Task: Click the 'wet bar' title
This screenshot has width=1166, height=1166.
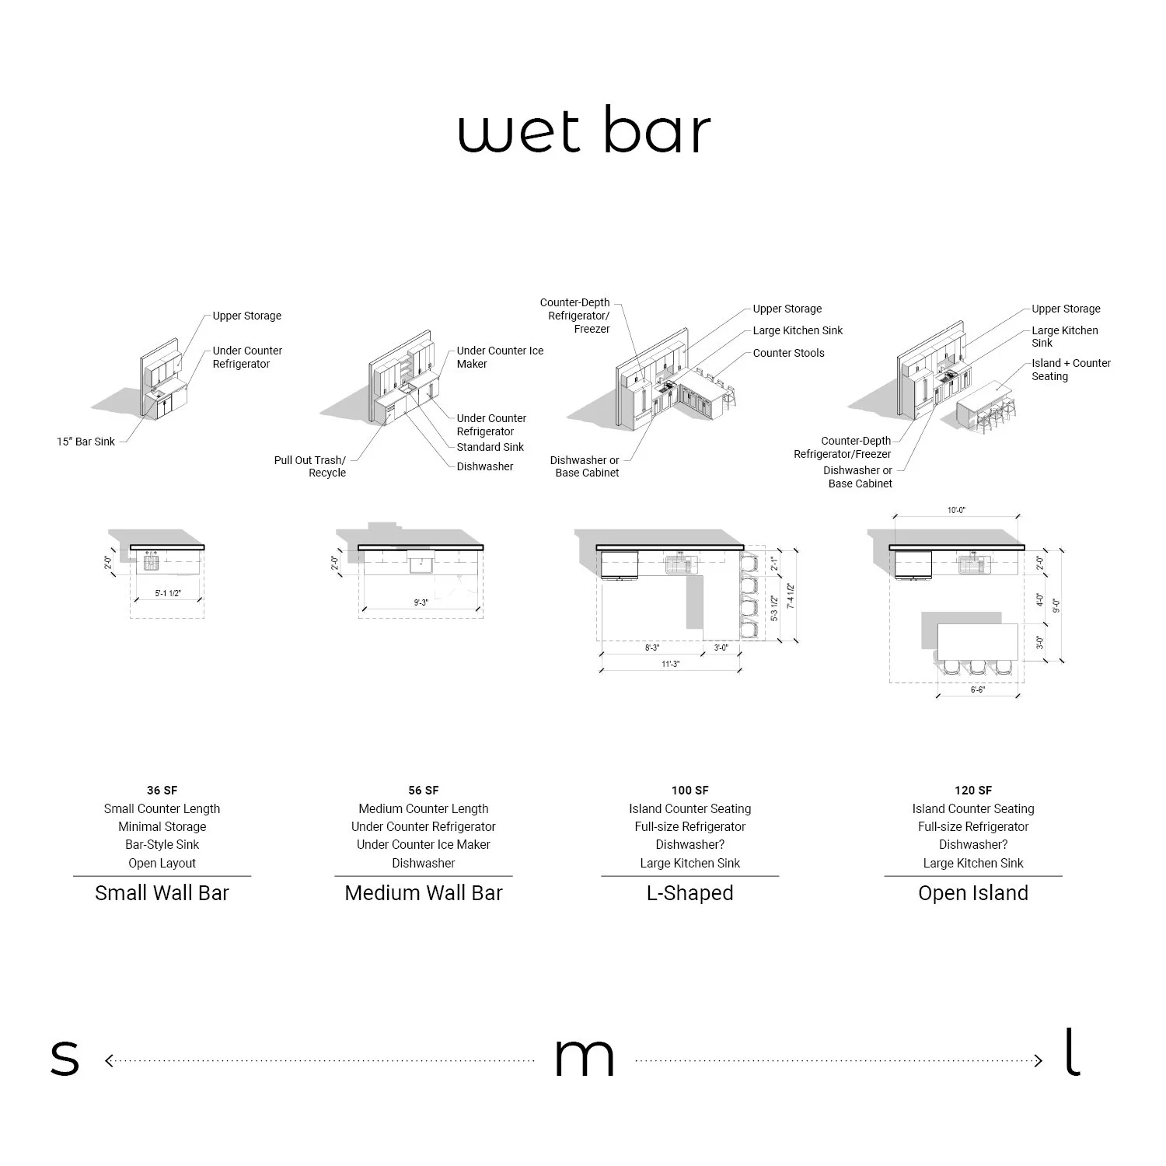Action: pyautogui.click(x=584, y=131)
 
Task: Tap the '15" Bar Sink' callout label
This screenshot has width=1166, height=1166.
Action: pyautogui.click(x=86, y=442)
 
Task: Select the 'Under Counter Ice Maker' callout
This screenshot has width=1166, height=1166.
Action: pyautogui.click(x=500, y=357)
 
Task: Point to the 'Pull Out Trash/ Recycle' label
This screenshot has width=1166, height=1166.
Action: pyautogui.click(x=311, y=466)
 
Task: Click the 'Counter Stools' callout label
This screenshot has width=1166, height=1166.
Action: pyautogui.click(x=788, y=353)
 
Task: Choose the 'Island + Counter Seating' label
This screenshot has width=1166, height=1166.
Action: pyautogui.click(x=1070, y=369)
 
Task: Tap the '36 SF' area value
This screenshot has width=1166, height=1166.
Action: pyautogui.click(x=162, y=791)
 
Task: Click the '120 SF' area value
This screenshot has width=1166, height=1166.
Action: pyautogui.click(x=973, y=791)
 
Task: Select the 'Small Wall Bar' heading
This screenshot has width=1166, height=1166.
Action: pyautogui.click(x=162, y=893)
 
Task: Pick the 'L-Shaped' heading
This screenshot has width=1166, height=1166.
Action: pyautogui.click(x=689, y=893)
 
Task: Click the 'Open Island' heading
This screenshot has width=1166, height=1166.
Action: pyautogui.click(x=973, y=893)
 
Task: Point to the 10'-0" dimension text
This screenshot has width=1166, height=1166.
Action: pyautogui.click(x=956, y=511)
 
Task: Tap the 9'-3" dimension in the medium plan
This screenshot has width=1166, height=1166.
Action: pyautogui.click(x=421, y=602)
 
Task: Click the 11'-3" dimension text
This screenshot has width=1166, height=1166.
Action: pyautogui.click(x=670, y=664)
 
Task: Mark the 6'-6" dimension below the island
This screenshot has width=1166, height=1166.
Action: pyautogui.click(x=977, y=689)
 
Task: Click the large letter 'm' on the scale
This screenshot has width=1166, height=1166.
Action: pyautogui.click(x=584, y=1060)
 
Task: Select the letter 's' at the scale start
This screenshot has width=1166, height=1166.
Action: pyautogui.click(x=65, y=1060)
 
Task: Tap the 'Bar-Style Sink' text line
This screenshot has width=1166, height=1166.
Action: pyautogui.click(x=162, y=845)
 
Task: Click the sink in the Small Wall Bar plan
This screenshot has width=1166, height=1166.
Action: pyautogui.click(x=151, y=560)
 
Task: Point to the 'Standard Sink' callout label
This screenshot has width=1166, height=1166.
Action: pyautogui.click(x=490, y=447)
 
